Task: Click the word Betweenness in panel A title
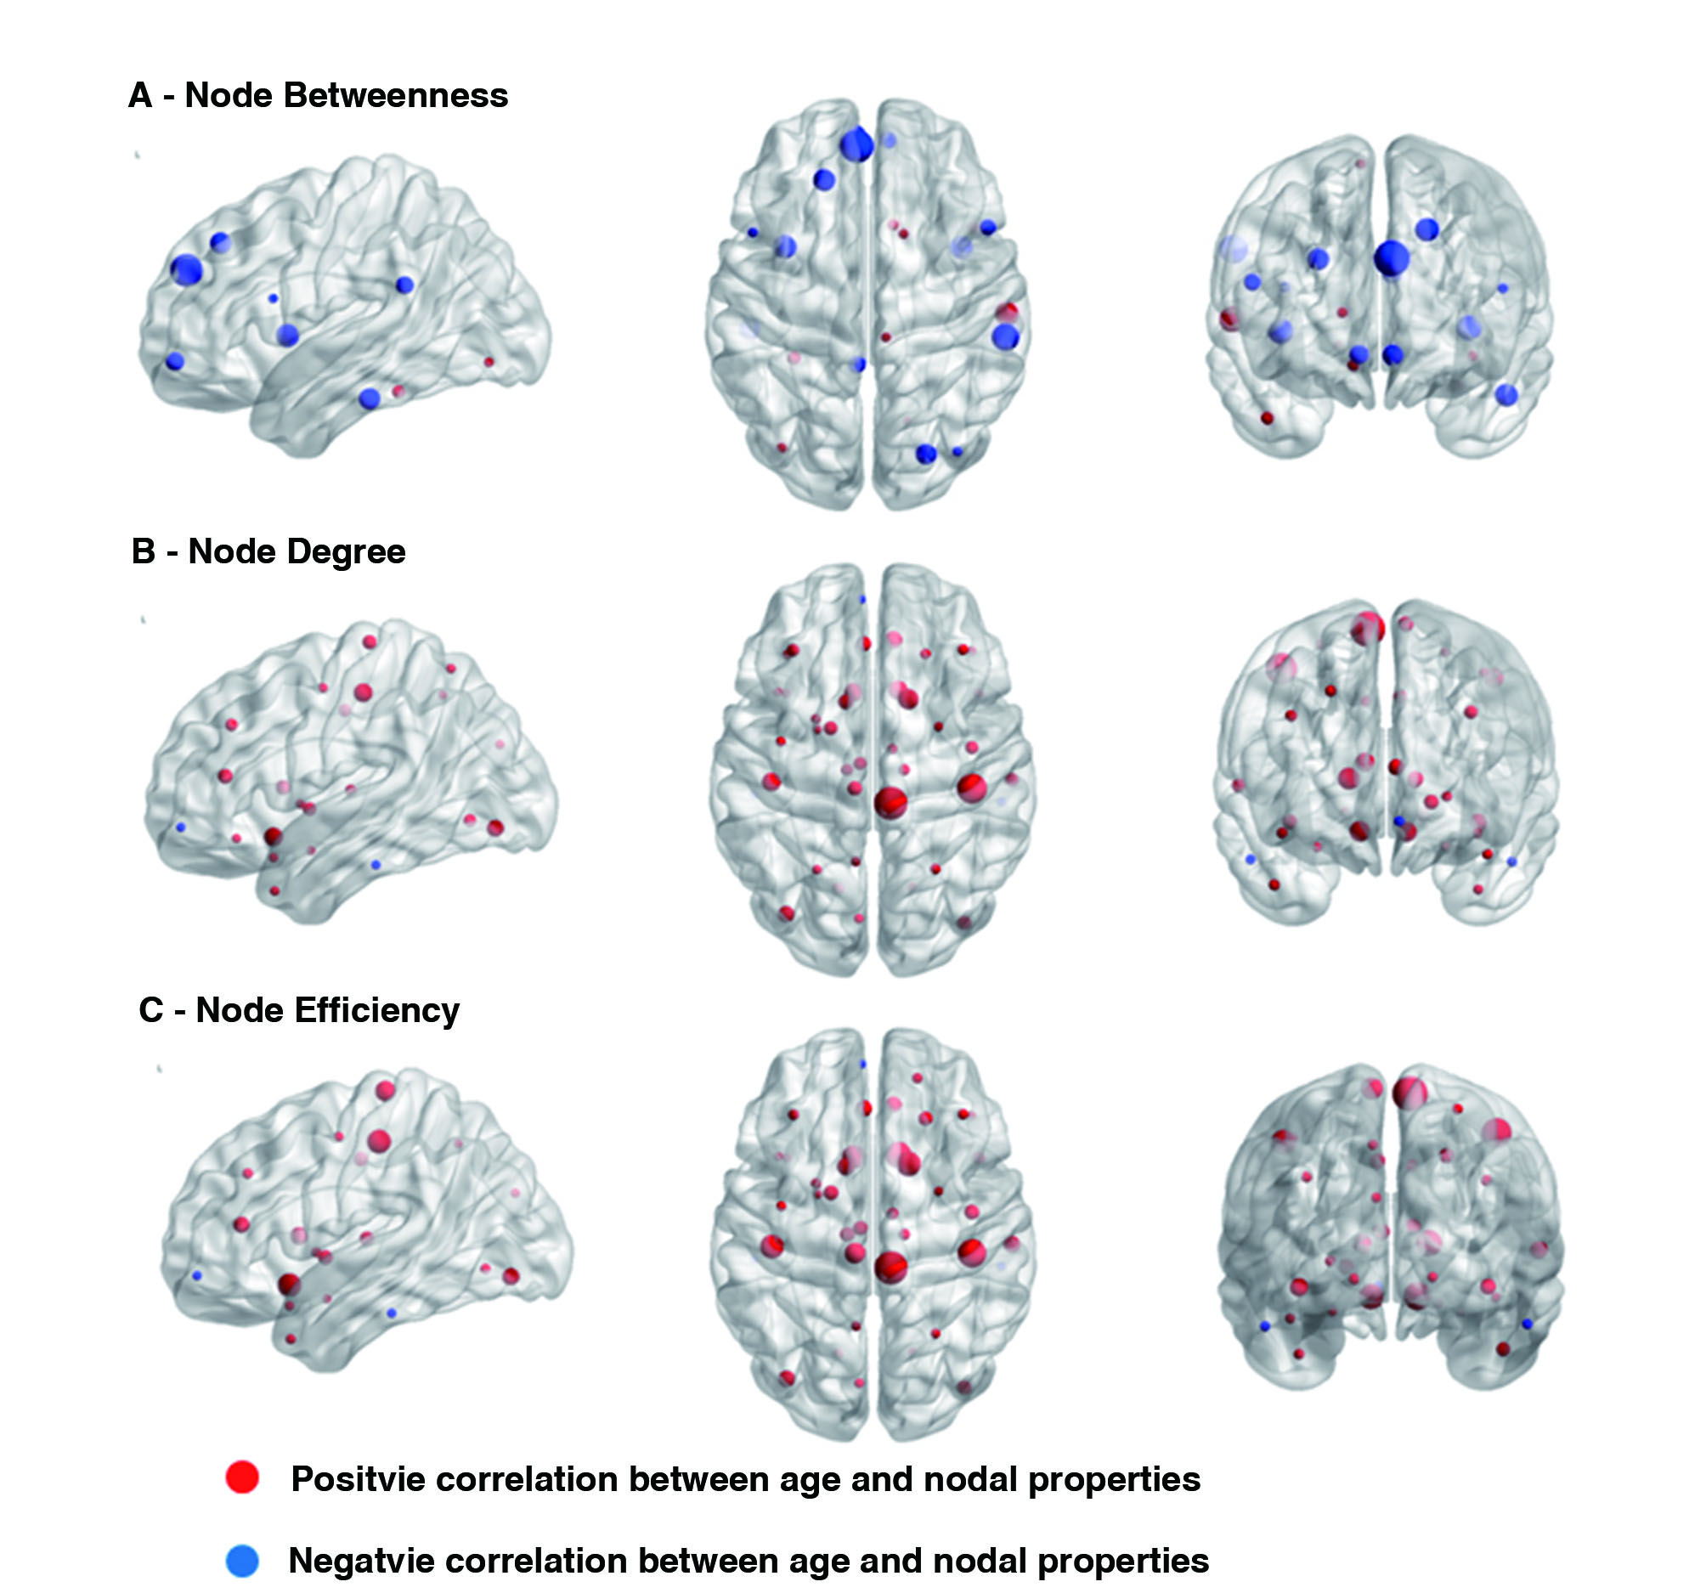[x=396, y=95]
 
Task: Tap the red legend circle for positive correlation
[x=242, y=1477]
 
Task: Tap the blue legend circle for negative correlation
[x=242, y=1561]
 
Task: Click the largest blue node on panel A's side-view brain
[x=185, y=269]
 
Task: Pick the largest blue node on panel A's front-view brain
[x=1392, y=258]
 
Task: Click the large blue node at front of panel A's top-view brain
[x=856, y=145]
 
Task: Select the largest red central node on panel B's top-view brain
[x=890, y=803]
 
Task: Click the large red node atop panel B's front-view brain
[x=1367, y=628]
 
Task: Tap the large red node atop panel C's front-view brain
[x=1410, y=1093]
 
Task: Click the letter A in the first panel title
[x=140, y=95]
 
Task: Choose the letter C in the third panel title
[x=150, y=1010]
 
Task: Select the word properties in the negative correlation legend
[x=1122, y=1562]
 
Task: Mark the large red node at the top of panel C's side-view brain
[x=386, y=1090]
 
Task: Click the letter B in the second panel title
[x=144, y=552]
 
